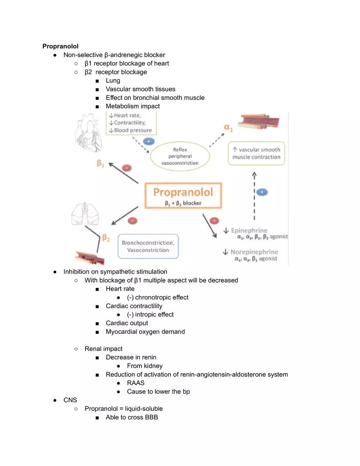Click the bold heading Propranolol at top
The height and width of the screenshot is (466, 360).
(x=60, y=46)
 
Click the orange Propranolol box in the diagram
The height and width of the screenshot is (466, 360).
(x=183, y=196)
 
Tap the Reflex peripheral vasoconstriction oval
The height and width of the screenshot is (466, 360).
(x=180, y=156)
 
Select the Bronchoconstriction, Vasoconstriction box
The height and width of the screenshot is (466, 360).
(x=148, y=246)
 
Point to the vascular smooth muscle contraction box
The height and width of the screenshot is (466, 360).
(x=256, y=153)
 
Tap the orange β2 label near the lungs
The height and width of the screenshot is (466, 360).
(x=106, y=238)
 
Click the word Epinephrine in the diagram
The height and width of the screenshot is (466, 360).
(x=249, y=231)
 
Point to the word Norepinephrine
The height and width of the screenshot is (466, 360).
(x=254, y=252)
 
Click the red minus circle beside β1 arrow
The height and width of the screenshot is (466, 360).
(x=127, y=168)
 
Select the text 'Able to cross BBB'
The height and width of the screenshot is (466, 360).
(x=132, y=417)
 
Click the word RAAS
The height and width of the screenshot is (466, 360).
(x=135, y=383)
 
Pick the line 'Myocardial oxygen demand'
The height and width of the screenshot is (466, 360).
(x=145, y=331)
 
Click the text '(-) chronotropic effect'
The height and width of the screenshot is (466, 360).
(x=157, y=297)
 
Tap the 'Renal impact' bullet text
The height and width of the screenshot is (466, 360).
(x=103, y=349)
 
